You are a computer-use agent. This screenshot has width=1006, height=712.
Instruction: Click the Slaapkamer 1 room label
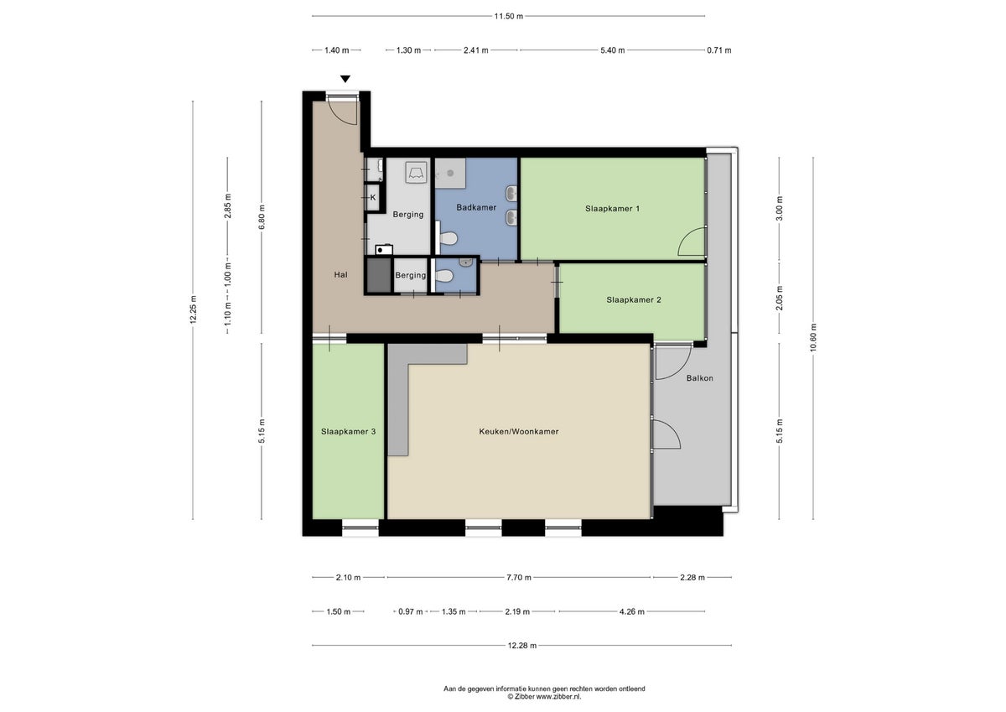[x=612, y=209]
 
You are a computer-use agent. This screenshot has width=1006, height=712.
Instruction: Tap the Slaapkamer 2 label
[x=634, y=299]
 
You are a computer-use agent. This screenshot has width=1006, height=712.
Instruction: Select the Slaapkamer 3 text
[x=348, y=432]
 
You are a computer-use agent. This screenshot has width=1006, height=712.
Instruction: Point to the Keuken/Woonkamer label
[x=518, y=432]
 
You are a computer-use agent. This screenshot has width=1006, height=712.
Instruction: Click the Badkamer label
[x=476, y=207]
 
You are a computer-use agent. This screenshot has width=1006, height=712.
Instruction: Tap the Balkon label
[x=699, y=378]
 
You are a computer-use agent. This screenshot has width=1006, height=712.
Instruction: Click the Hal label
[x=340, y=274]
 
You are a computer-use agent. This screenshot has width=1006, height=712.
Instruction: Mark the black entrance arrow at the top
[x=345, y=80]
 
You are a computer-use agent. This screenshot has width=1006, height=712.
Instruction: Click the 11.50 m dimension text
[x=508, y=16]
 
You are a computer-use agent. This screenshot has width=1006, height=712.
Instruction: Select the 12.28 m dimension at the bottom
[x=521, y=646]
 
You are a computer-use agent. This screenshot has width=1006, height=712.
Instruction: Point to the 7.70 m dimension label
[x=519, y=578]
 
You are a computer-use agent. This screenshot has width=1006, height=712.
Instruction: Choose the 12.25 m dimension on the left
[x=193, y=310]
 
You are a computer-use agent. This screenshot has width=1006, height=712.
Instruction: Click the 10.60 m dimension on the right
[x=812, y=337]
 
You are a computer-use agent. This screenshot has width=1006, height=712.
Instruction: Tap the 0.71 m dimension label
[x=719, y=50]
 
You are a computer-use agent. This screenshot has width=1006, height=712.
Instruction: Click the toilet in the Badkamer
[x=449, y=239]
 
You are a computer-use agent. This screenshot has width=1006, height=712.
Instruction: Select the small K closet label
[x=373, y=198]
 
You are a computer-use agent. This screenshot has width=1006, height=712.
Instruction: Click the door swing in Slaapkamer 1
[x=692, y=243]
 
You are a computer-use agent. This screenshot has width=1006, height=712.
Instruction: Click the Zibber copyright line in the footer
[x=544, y=697]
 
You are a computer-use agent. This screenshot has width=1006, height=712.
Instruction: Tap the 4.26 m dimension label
[x=631, y=612]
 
